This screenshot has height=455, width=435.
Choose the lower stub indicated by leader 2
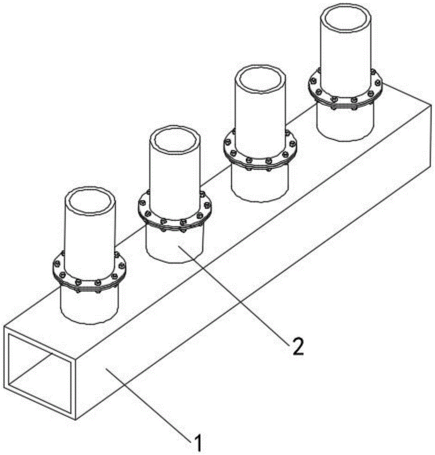click(x=175, y=243)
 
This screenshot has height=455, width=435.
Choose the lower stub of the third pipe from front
click(x=260, y=182)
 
